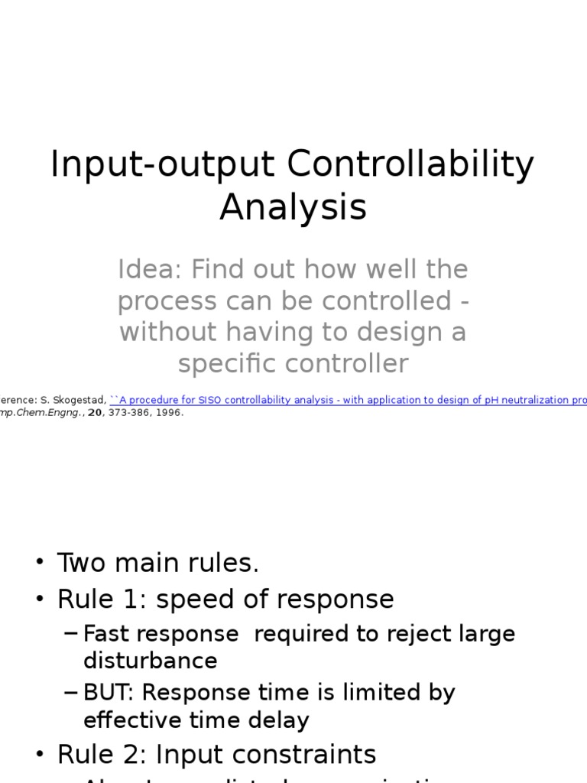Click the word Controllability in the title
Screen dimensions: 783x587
(410, 164)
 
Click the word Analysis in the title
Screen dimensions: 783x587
(293, 206)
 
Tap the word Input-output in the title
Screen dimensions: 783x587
(162, 164)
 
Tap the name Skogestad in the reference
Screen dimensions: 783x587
(80, 400)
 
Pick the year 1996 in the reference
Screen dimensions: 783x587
(170, 413)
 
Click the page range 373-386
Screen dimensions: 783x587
(128, 413)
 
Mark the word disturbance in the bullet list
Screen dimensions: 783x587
(150, 661)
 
